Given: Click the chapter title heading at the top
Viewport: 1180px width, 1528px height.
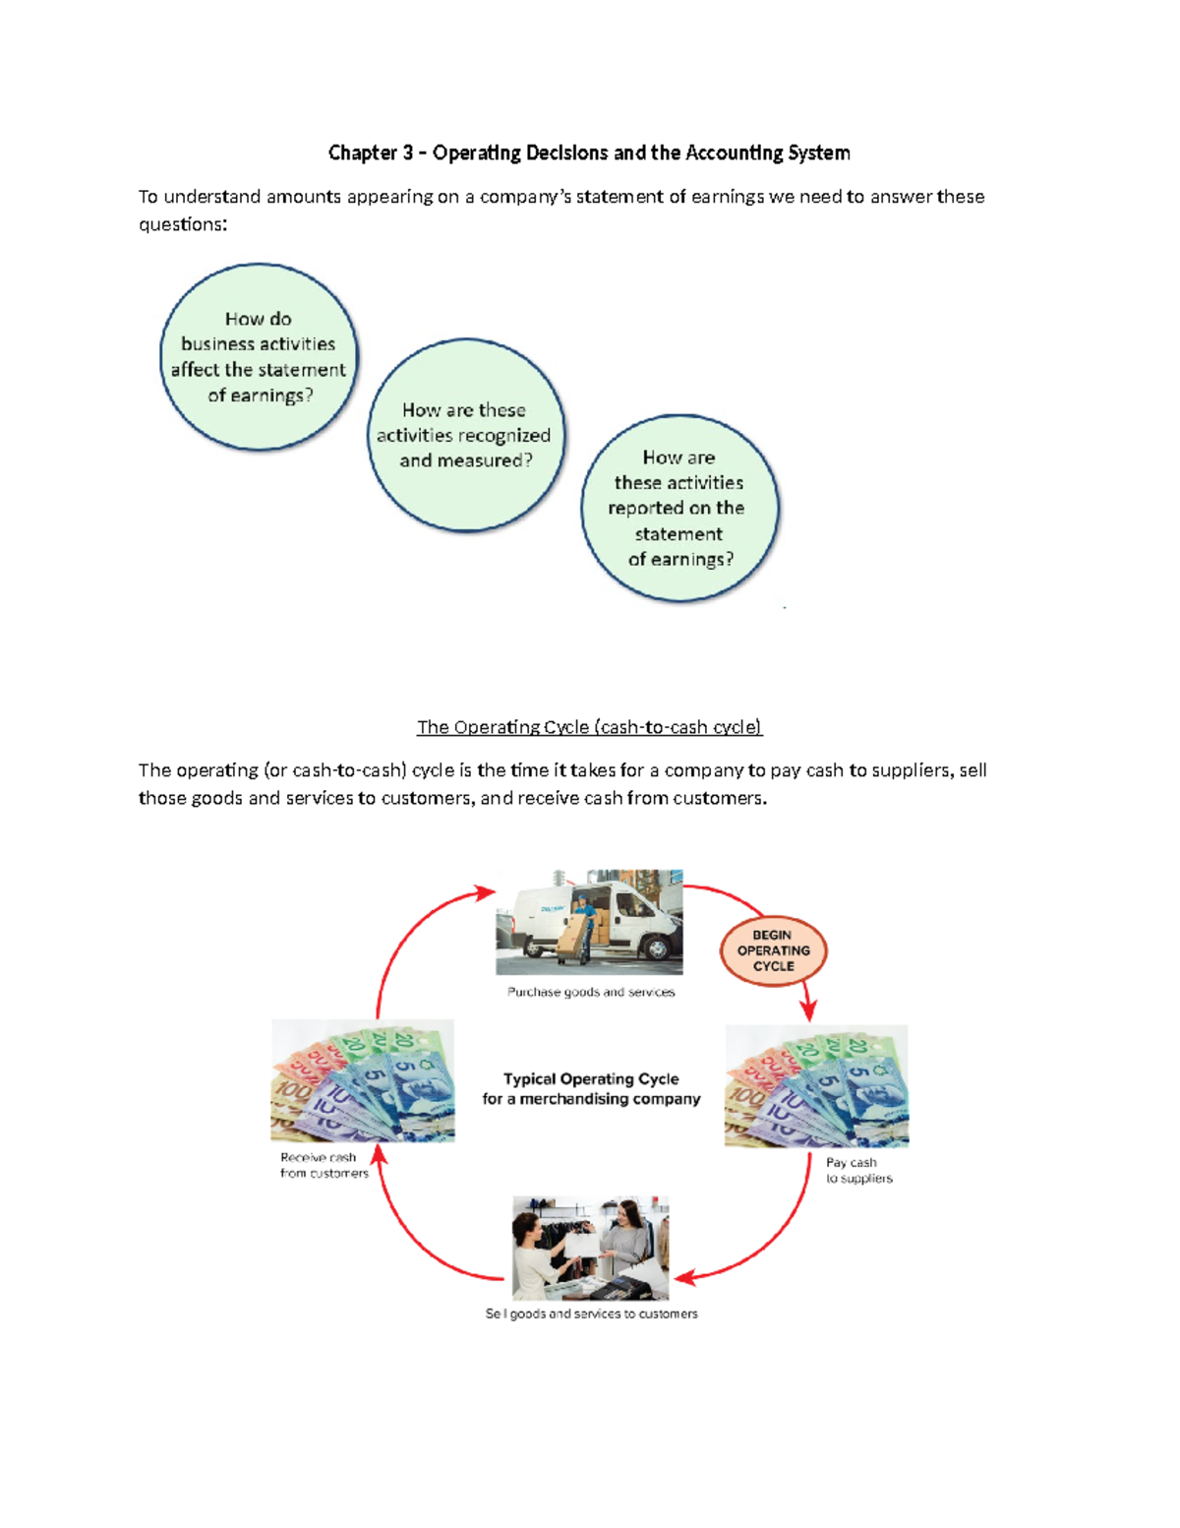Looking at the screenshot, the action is point(589,153).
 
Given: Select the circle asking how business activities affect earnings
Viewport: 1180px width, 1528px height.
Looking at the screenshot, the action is point(259,357).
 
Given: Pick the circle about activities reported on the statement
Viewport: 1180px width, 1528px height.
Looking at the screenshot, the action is point(678,508).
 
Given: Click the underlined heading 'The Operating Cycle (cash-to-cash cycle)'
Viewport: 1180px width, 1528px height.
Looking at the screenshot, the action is point(589,727).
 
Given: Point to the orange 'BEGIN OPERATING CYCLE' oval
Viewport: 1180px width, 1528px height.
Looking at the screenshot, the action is point(774,950).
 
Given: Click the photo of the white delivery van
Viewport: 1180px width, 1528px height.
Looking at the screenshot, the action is point(589,921).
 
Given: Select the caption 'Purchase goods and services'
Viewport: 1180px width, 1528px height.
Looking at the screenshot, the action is point(591,992).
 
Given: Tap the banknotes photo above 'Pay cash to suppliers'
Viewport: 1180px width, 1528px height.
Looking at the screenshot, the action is point(816,1085).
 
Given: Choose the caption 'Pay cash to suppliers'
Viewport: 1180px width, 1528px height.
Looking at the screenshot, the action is point(858,1170).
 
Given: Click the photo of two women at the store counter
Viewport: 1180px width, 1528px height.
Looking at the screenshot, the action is point(590,1248).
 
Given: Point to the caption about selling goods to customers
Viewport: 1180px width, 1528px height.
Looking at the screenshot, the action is point(591,1314).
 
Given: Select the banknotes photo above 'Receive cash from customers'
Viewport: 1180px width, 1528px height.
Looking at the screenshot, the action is point(363,1080).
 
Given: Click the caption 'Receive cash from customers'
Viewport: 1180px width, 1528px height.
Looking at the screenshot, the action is point(324,1165).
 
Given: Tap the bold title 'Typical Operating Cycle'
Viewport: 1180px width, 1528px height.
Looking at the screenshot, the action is point(591,1078).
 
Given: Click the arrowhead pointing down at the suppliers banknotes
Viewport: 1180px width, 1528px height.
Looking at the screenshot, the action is point(808,1011).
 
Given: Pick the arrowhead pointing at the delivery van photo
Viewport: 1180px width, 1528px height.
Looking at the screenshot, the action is point(485,892).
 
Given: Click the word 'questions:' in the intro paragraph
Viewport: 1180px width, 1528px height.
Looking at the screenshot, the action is point(183,224).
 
